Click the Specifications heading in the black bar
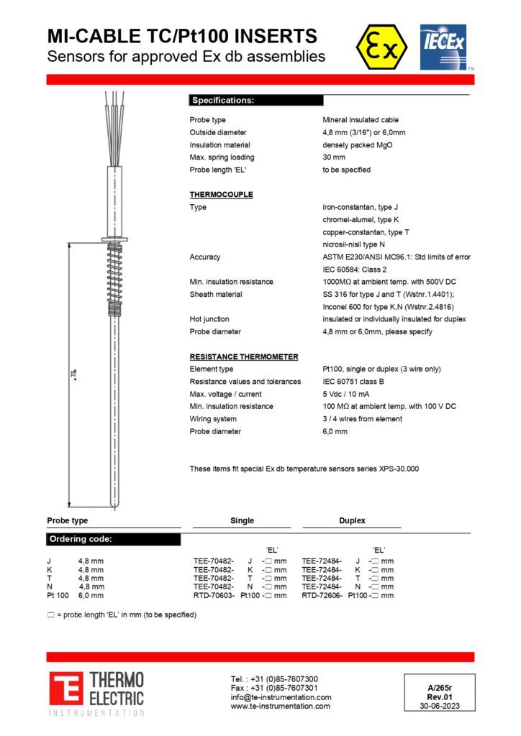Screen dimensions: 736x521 coord(222,101)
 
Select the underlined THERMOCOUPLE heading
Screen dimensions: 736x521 coord(221,195)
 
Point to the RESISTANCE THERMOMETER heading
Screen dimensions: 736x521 coord(243,356)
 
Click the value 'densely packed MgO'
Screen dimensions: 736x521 coord(357,145)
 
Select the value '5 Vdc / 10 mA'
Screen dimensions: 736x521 coord(348,394)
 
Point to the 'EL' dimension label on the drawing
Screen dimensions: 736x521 coord(73,374)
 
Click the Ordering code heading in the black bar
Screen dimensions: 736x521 coord(80,539)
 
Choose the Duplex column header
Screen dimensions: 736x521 coord(352,520)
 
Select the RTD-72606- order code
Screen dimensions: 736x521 coord(322,595)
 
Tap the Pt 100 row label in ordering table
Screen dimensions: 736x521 coord(58,595)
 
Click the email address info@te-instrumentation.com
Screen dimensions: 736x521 coord(281,697)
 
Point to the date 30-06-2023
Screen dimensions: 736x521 coord(438,705)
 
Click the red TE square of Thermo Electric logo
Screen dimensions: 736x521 coord(65,689)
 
